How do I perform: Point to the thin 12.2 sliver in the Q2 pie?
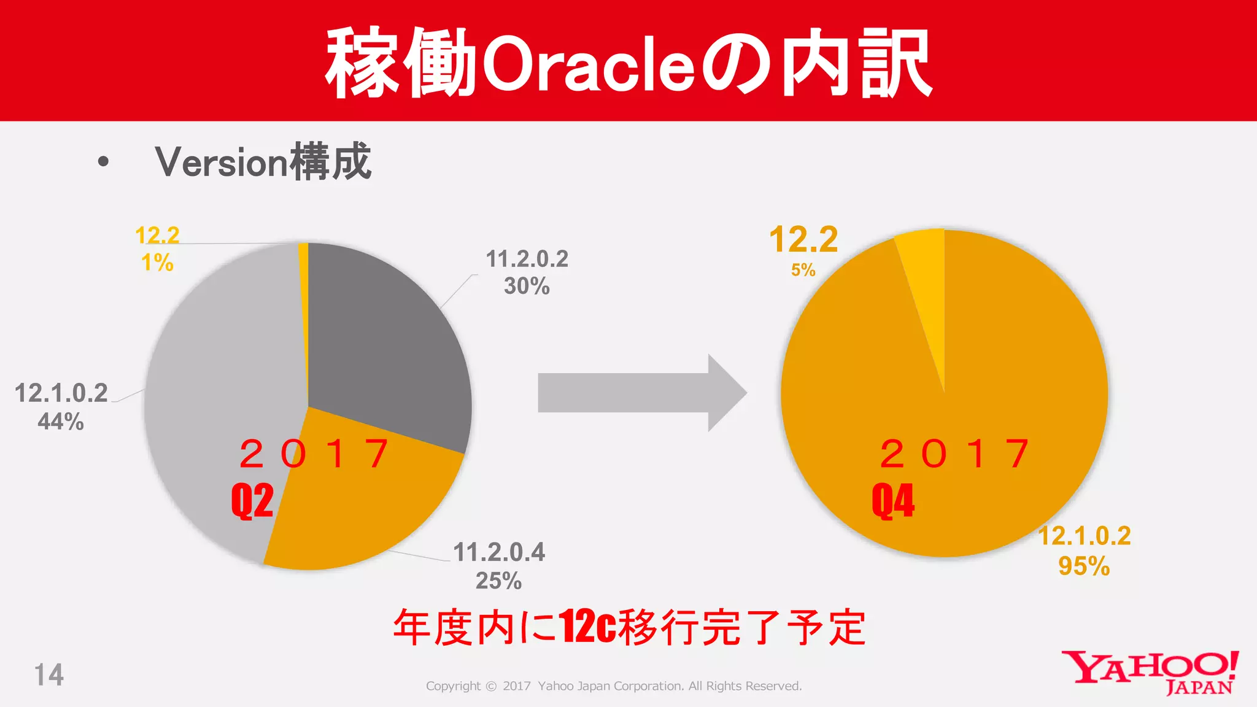tap(303, 258)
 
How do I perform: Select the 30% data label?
tap(527, 286)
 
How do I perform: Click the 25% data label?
tap(498, 581)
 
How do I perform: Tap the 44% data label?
tap(60, 422)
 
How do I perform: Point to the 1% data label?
tap(157, 263)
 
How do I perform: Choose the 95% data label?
tap(1084, 566)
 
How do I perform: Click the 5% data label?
tap(803, 270)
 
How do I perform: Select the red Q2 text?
tap(252, 501)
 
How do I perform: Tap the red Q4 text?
tap(893, 501)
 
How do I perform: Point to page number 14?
tap(48, 675)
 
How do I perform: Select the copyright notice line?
tap(614, 686)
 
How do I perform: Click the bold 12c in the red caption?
tap(587, 627)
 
